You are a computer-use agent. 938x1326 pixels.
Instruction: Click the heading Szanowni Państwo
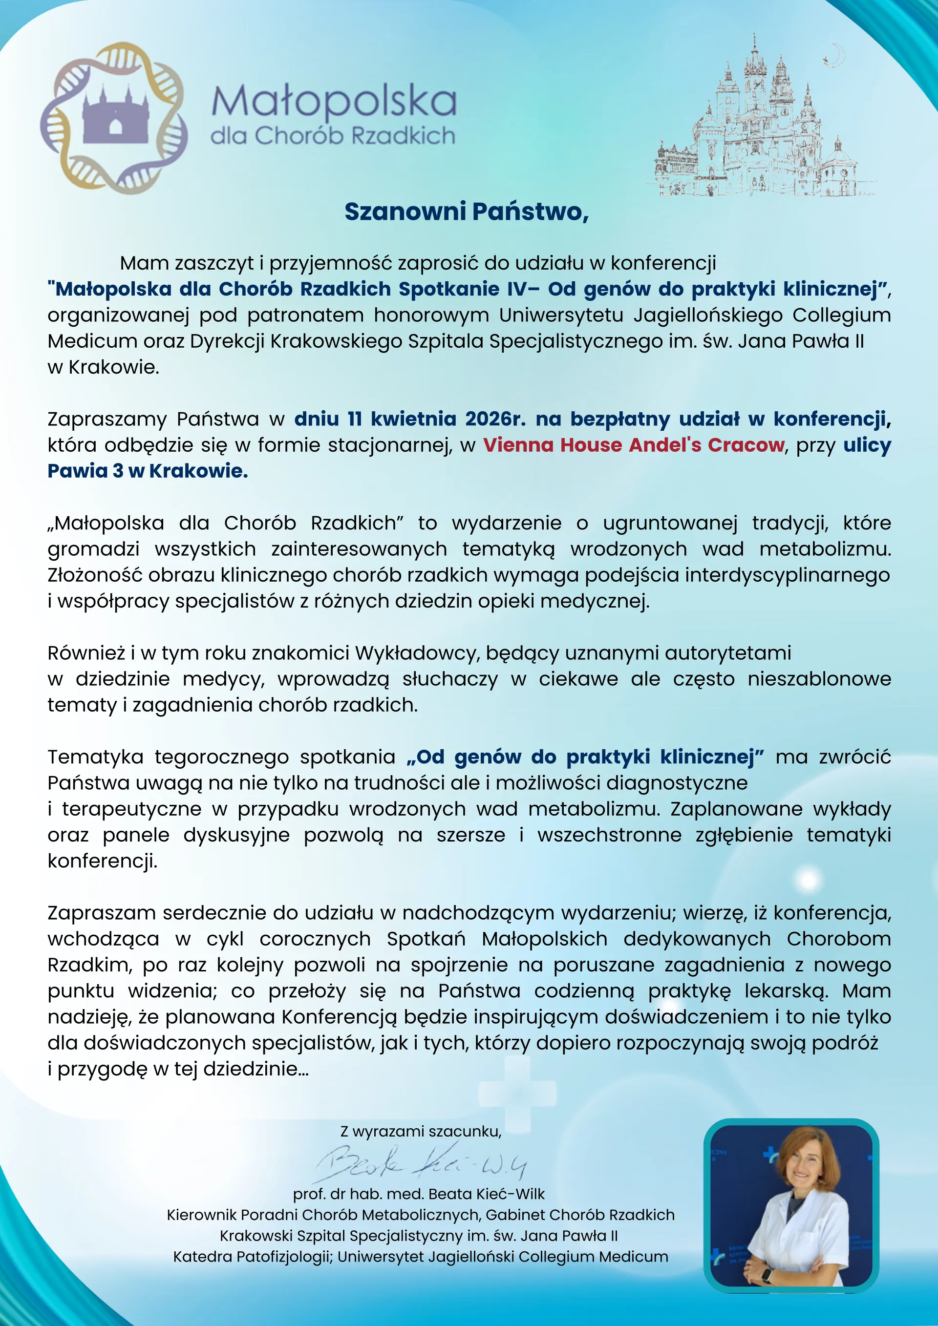466,212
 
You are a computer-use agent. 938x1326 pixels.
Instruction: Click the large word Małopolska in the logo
334,101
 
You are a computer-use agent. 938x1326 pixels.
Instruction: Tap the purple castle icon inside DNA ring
115,115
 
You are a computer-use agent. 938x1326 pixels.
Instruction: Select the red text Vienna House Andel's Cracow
634,445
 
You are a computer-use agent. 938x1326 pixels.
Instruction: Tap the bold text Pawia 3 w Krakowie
147,471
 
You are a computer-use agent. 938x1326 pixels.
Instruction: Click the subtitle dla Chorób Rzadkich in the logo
333,136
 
